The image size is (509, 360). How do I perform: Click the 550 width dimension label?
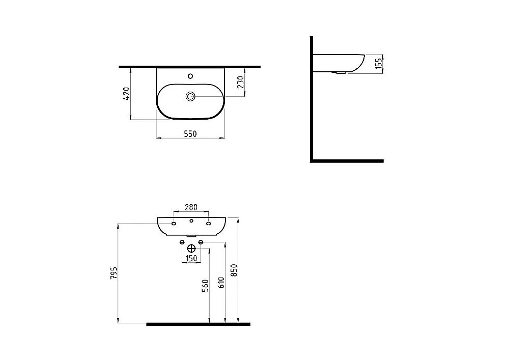click(x=189, y=133)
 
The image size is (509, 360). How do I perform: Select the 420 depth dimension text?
click(x=127, y=94)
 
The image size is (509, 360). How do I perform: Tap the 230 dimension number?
click(x=241, y=81)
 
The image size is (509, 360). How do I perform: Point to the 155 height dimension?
click(x=379, y=64)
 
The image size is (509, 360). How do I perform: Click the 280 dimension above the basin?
click(x=190, y=207)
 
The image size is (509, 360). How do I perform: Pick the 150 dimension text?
click(x=191, y=259)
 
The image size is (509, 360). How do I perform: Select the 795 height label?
click(x=114, y=273)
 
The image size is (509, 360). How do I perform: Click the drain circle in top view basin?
click(x=190, y=96)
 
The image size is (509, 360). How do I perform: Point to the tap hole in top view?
click(x=190, y=76)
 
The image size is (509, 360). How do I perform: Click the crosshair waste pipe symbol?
click(x=191, y=249)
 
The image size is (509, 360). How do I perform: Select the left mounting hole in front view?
click(x=174, y=224)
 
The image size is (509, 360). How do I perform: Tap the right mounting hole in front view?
click(x=209, y=224)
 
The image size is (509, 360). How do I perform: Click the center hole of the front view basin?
click(x=191, y=221)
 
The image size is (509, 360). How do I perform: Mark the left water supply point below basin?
click(x=182, y=242)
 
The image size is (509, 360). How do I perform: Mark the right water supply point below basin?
click(x=201, y=242)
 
